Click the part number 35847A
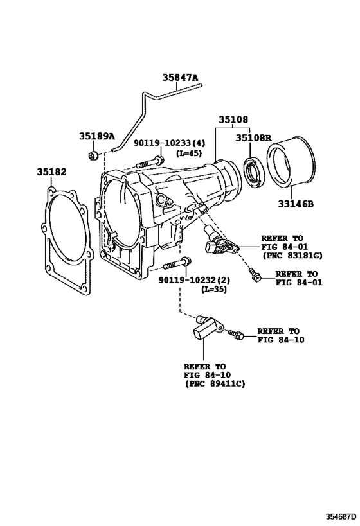click(x=181, y=78)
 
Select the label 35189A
click(x=97, y=136)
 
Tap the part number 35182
click(x=51, y=171)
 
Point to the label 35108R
click(x=253, y=137)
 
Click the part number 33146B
click(x=296, y=204)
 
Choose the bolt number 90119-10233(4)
click(x=170, y=143)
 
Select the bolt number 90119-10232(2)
click(x=194, y=280)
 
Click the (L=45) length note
click(x=189, y=153)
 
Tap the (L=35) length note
click(x=213, y=289)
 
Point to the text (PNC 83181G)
click(x=292, y=256)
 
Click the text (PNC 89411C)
click(x=215, y=383)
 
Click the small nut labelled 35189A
click(x=93, y=155)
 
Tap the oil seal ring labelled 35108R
click(x=254, y=172)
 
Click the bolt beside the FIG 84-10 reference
click(x=236, y=334)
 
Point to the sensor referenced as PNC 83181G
click(x=220, y=242)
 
